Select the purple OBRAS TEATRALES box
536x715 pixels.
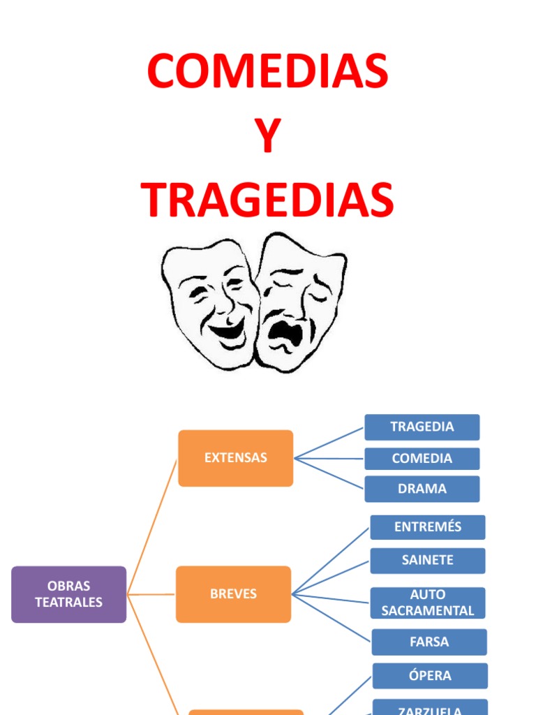click(x=69, y=594)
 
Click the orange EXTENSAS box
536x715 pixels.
click(x=236, y=458)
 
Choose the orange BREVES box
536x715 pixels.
click(x=234, y=594)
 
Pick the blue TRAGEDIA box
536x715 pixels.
click(x=422, y=427)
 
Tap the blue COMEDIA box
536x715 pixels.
click(x=422, y=459)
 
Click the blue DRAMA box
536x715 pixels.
click(x=422, y=489)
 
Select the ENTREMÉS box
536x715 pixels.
click(x=428, y=527)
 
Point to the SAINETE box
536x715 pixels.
click(x=428, y=561)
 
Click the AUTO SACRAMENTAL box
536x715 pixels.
click(x=428, y=603)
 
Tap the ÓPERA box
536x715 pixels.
click(x=430, y=676)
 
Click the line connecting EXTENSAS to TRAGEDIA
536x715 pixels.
click(x=329, y=443)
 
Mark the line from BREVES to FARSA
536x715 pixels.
click(x=332, y=618)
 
